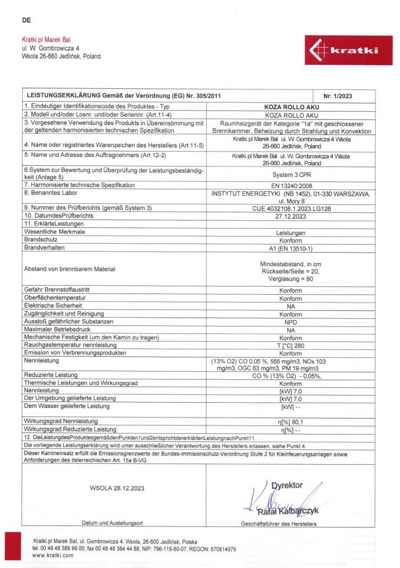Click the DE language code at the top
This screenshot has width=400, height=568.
26,21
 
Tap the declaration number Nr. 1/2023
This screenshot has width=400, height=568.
338,96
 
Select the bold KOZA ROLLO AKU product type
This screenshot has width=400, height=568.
291,106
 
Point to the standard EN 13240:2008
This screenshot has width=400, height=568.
291,185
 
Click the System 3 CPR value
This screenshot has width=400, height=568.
291,173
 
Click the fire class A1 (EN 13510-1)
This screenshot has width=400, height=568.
291,247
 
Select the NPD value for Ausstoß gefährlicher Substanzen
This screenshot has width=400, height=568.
291,322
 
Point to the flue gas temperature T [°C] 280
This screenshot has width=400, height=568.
291,345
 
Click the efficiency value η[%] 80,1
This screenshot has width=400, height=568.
291,421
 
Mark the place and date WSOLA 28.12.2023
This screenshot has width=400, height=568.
116,487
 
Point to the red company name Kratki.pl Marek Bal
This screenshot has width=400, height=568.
46,39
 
